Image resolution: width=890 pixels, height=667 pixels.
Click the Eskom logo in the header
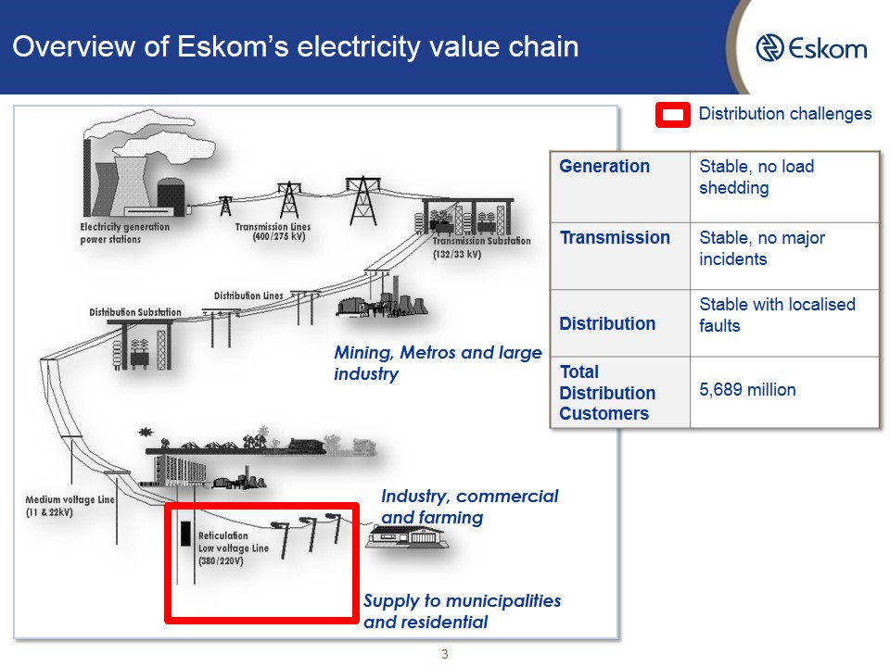coord(811,48)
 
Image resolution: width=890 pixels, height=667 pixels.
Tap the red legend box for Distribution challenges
coord(673,115)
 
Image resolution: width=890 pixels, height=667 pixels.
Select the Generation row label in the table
coord(604,167)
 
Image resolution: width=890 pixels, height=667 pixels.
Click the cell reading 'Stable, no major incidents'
coord(761,248)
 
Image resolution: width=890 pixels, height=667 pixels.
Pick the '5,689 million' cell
coord(747,390)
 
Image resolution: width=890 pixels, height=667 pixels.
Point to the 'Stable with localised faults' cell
coord(777,315)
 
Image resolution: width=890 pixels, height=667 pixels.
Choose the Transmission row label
coord(614,238)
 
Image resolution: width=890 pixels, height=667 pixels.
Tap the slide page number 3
coord(445,655)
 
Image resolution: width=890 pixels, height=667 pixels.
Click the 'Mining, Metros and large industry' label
coord(437,364)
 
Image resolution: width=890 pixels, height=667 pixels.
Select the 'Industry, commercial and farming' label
coord(469,507)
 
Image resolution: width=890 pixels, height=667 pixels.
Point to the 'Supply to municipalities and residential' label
coord(462,611)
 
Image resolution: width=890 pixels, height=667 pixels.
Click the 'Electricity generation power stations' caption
coord(124,233)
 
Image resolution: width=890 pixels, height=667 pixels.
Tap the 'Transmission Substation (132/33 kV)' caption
coord(481,246)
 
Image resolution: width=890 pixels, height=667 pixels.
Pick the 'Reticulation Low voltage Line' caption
coord(233,548)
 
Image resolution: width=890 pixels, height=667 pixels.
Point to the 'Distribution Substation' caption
coord(135,312)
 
